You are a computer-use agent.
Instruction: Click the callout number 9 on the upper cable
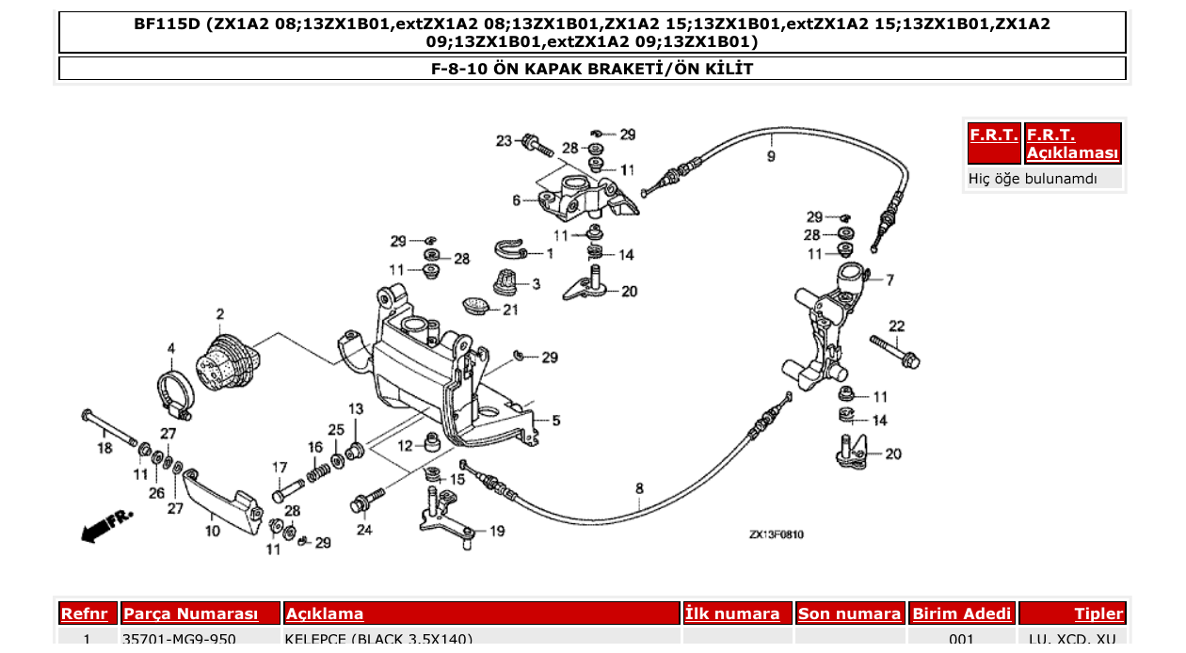coord(771,156)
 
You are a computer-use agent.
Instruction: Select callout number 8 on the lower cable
coord(639,487)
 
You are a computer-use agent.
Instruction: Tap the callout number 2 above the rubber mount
coord(220,313)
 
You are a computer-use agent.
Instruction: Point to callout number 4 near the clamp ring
coord(171,348)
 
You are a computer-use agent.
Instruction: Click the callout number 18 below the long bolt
coord(105,449)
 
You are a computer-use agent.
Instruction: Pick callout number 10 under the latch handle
coord(213,531)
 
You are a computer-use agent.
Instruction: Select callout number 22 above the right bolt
coord(896,326)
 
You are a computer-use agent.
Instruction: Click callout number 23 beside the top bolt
coord(505,141)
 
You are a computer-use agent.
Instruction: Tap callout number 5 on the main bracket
coord(555,421)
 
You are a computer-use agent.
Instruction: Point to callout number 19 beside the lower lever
coord(496,531)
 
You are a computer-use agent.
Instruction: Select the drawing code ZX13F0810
coord(776,534)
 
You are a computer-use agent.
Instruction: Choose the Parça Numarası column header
coord(191,613)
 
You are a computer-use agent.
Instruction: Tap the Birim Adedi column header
coord(961,613)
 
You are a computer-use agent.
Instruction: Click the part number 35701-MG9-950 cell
coord(179,639)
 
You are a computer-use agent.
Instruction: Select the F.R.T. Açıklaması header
coord(1073,144)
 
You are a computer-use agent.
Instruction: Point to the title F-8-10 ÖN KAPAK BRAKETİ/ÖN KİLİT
coord(592,69)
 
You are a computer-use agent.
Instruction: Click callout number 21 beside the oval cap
coord(509,310)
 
